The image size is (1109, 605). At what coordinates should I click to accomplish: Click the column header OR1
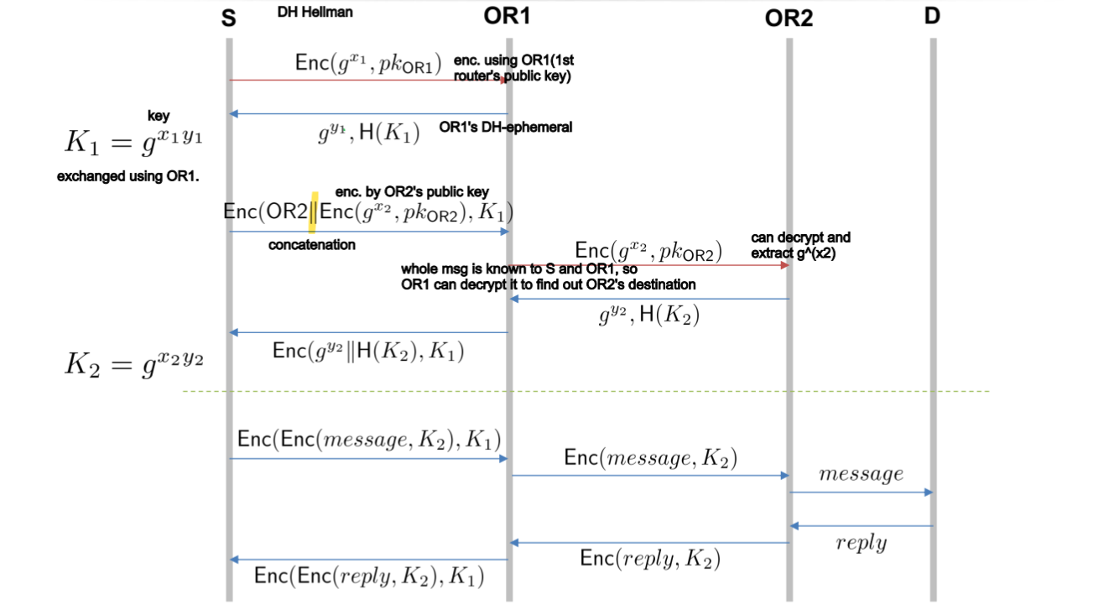click(508, 15)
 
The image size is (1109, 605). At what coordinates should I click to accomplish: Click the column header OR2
click(789, 18)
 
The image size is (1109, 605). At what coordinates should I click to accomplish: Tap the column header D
click(932, 17)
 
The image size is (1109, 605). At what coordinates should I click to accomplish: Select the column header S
click(228, 18)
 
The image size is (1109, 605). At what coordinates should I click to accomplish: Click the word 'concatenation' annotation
click(311, 245)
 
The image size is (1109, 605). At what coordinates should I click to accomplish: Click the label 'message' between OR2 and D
click(861, 474)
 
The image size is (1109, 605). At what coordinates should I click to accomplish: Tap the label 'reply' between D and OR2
click(861, 543)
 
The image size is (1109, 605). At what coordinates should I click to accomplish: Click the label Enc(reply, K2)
click(650, 559)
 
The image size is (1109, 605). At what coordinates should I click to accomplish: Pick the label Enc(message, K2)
click(651, 457)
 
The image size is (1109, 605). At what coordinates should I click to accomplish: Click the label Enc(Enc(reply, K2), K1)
click(369, 576)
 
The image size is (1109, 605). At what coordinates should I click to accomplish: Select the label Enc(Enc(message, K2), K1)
click(369, 440)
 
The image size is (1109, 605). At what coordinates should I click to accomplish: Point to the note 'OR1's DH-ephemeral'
click(505, 128)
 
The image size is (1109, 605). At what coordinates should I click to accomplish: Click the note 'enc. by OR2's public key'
click(412, 192)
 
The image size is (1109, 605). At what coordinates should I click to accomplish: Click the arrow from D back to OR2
click(861, 526)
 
